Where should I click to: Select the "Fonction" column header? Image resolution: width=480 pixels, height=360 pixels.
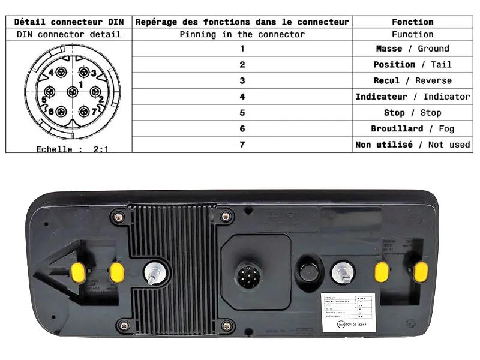click(x=412, y=22)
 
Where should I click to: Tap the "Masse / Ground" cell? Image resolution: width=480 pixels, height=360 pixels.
click(x=412, y=49)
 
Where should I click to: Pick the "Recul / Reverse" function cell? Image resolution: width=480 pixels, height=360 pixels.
click(x=412, y=80)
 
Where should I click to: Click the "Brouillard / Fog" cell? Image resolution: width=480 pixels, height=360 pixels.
click(x=412, y=128)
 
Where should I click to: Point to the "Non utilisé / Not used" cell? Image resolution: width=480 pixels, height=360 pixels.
click(x=412, y=145)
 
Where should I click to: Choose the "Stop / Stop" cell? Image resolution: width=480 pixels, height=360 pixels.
click(x=412, y=113)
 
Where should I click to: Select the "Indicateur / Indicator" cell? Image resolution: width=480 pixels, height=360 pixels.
click(x=412, y=97)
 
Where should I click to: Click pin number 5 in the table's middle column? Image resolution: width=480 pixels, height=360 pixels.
click(x=242, y=113)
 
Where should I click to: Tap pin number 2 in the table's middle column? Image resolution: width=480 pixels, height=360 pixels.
click(x=242, y=65)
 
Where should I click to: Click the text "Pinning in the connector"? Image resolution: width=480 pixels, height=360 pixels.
click(x=242, y=34)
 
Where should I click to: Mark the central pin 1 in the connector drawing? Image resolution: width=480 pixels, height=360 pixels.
click(x=73, y=92)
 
